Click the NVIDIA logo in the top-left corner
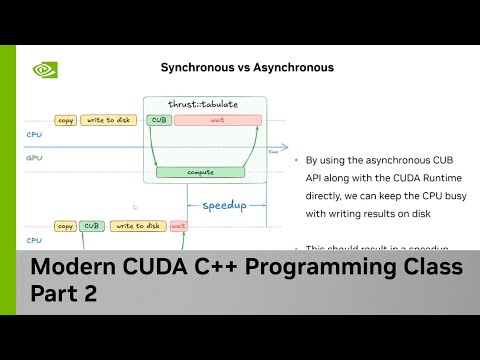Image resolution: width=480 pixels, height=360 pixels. (44, 70)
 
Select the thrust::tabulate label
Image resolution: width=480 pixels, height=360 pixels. (204, 103)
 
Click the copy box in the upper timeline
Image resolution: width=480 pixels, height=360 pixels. (66, 120)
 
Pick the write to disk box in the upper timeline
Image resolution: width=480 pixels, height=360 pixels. (107, 120)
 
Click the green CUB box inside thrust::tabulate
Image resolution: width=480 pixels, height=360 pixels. (159, 120)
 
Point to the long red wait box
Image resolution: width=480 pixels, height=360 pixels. (218, 120)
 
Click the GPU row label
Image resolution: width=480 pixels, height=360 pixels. (33, 157)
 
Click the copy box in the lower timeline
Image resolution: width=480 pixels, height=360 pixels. (66, 226)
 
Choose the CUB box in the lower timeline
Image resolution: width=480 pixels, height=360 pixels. (93, 226)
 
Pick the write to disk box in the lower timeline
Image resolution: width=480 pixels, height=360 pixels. (138, 226)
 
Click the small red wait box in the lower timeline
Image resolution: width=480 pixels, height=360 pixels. (179, 226)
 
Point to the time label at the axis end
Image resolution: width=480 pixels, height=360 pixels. (273, 152)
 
